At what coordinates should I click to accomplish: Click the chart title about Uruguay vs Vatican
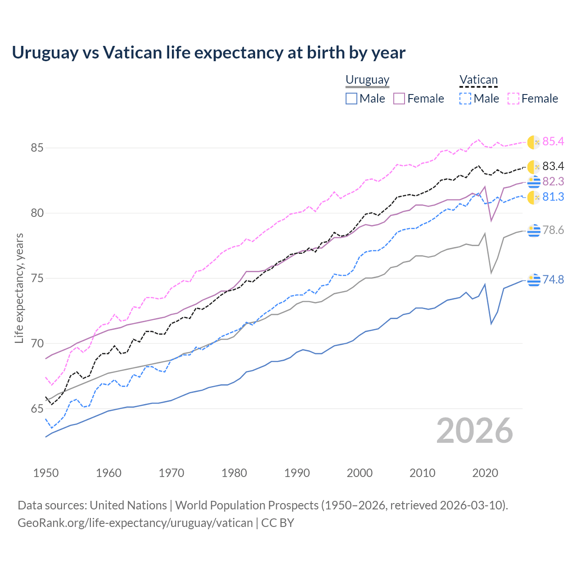coord(208,53)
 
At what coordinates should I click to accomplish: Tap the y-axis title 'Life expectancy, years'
coord(19,288)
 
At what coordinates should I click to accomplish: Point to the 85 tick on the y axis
coord(37,148)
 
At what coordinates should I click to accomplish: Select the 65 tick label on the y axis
coord(37,409)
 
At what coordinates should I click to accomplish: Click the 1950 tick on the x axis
coord(46,473)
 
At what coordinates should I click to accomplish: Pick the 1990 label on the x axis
coord(297,473)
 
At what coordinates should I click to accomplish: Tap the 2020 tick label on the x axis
coord(485,473)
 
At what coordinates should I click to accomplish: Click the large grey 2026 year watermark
coord(475,431)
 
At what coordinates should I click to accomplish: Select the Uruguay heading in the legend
coord(367,80)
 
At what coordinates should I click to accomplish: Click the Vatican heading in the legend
coord(478,80)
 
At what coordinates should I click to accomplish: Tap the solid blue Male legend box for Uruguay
coord(351,99)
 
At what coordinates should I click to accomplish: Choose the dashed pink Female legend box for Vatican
coord(513,99)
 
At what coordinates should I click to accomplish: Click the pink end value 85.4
coord(553,142)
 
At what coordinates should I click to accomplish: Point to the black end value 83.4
coord(553,166)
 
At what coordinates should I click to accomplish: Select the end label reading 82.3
coord(553,181)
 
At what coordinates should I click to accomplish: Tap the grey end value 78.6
coord(553,230)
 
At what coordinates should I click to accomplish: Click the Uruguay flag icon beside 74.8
coord(534,279)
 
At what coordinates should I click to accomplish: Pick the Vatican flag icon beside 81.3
coord(534,197)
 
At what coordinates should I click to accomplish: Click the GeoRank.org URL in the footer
coord(135,523)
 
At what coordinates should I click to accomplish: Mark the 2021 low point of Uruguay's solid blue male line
coord(491,324)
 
